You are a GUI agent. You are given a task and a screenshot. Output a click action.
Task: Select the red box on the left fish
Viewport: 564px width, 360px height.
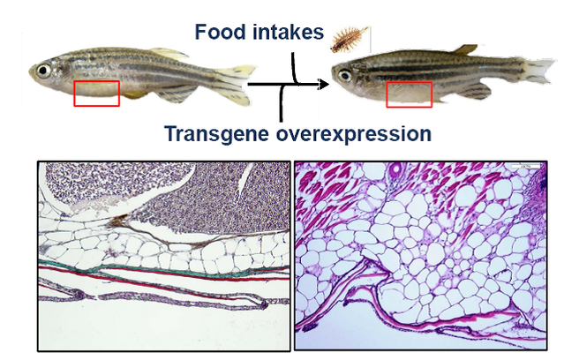(x=96, y=93)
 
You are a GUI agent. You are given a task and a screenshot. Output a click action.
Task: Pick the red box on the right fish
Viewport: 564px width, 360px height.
(x=410, y=94)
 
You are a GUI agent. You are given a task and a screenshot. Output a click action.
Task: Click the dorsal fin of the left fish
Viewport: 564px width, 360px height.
(x=168, y=53)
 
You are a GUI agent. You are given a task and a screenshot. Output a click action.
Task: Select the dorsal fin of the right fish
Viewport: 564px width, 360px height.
(x=465, y=49)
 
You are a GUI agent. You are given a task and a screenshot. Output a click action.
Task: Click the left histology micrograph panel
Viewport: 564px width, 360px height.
(x=163, y=256)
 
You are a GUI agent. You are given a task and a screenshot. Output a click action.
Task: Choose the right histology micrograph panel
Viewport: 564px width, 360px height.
(x=422, y=256)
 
